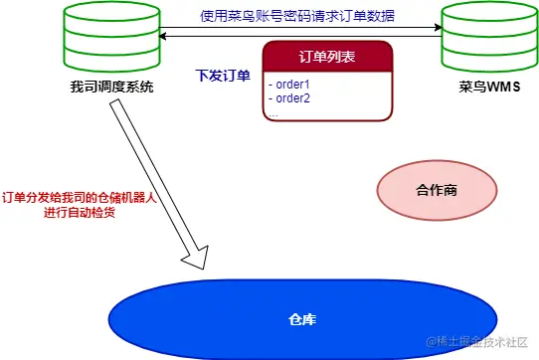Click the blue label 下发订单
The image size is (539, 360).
coord(224,76)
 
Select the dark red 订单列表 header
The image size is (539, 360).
coord(326,57)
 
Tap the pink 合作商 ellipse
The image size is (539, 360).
coord(435,189)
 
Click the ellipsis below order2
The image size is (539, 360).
coord(272,112)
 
